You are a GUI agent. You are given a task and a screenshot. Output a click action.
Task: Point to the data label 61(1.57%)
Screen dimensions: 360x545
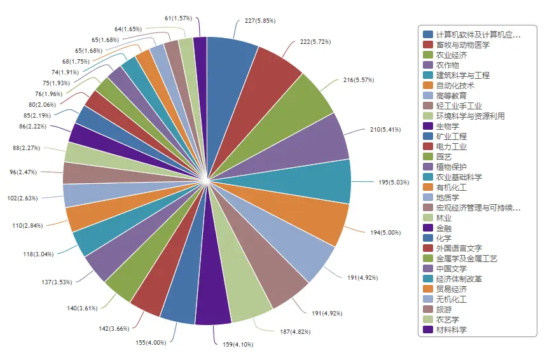pos(178,18)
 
